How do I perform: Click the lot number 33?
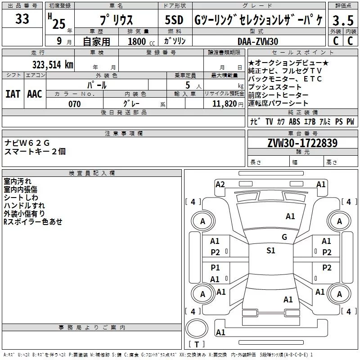tap(22, 19)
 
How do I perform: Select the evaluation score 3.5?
tap(342, 21)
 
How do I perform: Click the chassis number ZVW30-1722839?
tap(302, 144)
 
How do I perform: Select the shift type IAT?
tap(13, 94)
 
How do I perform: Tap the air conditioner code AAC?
tap(35, 94)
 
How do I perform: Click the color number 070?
tap(74, 104)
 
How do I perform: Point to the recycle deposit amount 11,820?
tap(224, 104)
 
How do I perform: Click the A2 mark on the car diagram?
tap(220, 184)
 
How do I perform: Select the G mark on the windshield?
tap(284, 237)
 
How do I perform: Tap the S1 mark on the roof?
tap(270, 251)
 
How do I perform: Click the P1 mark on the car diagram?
tap(215, 268)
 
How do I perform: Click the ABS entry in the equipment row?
tap(294, 122)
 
